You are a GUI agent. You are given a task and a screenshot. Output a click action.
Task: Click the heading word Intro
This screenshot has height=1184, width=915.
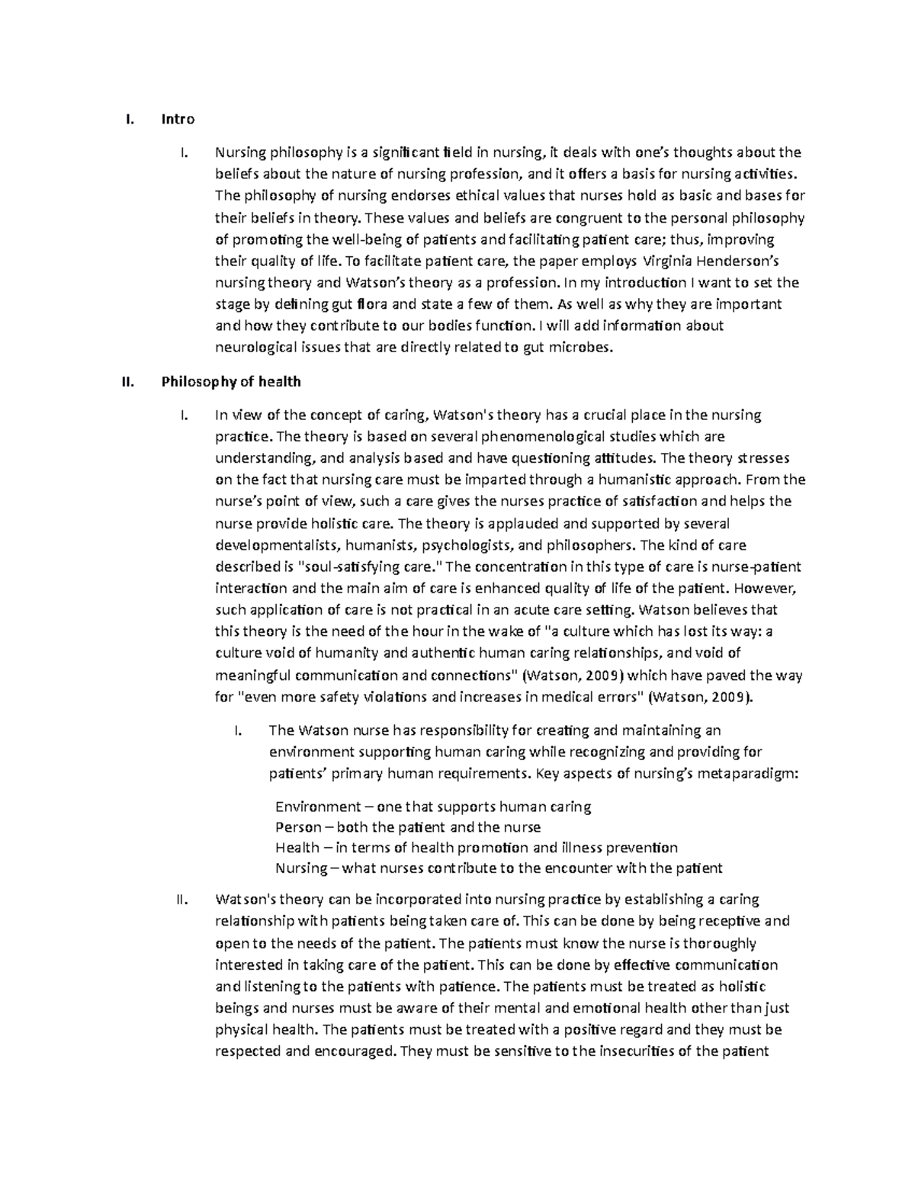click(178, 119)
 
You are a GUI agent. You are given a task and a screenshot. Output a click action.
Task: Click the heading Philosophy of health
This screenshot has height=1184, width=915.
click(231, 381)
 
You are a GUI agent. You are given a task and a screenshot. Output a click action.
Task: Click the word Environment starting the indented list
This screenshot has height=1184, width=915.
click(317, 807)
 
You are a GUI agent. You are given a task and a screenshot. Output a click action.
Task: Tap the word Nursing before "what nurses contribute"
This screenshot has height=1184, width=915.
click(300, 868)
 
